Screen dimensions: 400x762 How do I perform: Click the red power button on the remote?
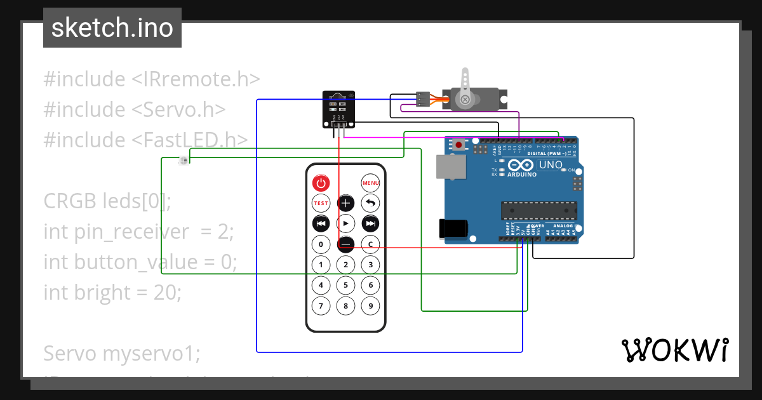pos(321,183)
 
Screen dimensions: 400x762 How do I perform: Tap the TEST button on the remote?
pos(321,203)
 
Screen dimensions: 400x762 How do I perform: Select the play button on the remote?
pos(345,223)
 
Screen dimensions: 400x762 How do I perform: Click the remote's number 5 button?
pos(345,285)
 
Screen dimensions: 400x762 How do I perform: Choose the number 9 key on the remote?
pos(370,306)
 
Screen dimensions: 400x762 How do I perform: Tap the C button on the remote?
pos(370,244)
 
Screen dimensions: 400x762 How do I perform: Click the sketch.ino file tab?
pos(112,28)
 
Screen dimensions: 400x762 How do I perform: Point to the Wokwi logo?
pos(674,350)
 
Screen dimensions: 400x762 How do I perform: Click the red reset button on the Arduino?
pos(458,145)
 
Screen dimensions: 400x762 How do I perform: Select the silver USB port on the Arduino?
pos(450,166)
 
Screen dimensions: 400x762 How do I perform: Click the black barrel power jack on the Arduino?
pos(454,229)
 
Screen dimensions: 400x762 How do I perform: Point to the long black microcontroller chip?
pos(539,211)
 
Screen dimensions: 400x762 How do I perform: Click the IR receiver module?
pos(338,109)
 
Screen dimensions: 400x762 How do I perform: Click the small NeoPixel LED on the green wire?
pos(184,160)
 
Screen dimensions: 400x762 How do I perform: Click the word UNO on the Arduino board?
pos(551,165)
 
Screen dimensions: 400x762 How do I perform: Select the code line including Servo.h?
pos(135,109)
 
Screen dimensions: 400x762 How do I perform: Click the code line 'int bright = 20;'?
pos(112,292)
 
